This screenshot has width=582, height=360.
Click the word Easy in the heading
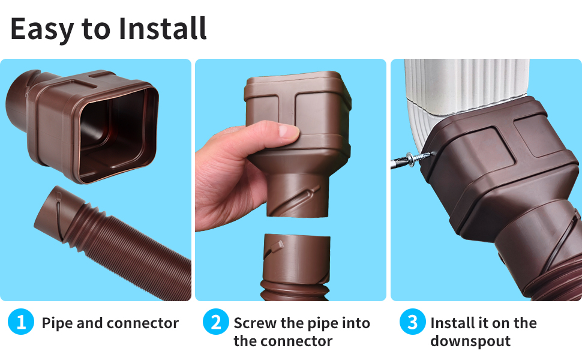point(41,29)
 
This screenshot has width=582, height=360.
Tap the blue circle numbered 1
point(21,323)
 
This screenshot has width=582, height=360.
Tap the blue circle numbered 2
point(214,323)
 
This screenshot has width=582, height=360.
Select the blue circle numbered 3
point(412,323)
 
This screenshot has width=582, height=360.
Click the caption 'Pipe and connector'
point(110,323)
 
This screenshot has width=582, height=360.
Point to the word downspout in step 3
point(470,341)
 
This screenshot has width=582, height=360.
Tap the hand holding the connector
point(240,174)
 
